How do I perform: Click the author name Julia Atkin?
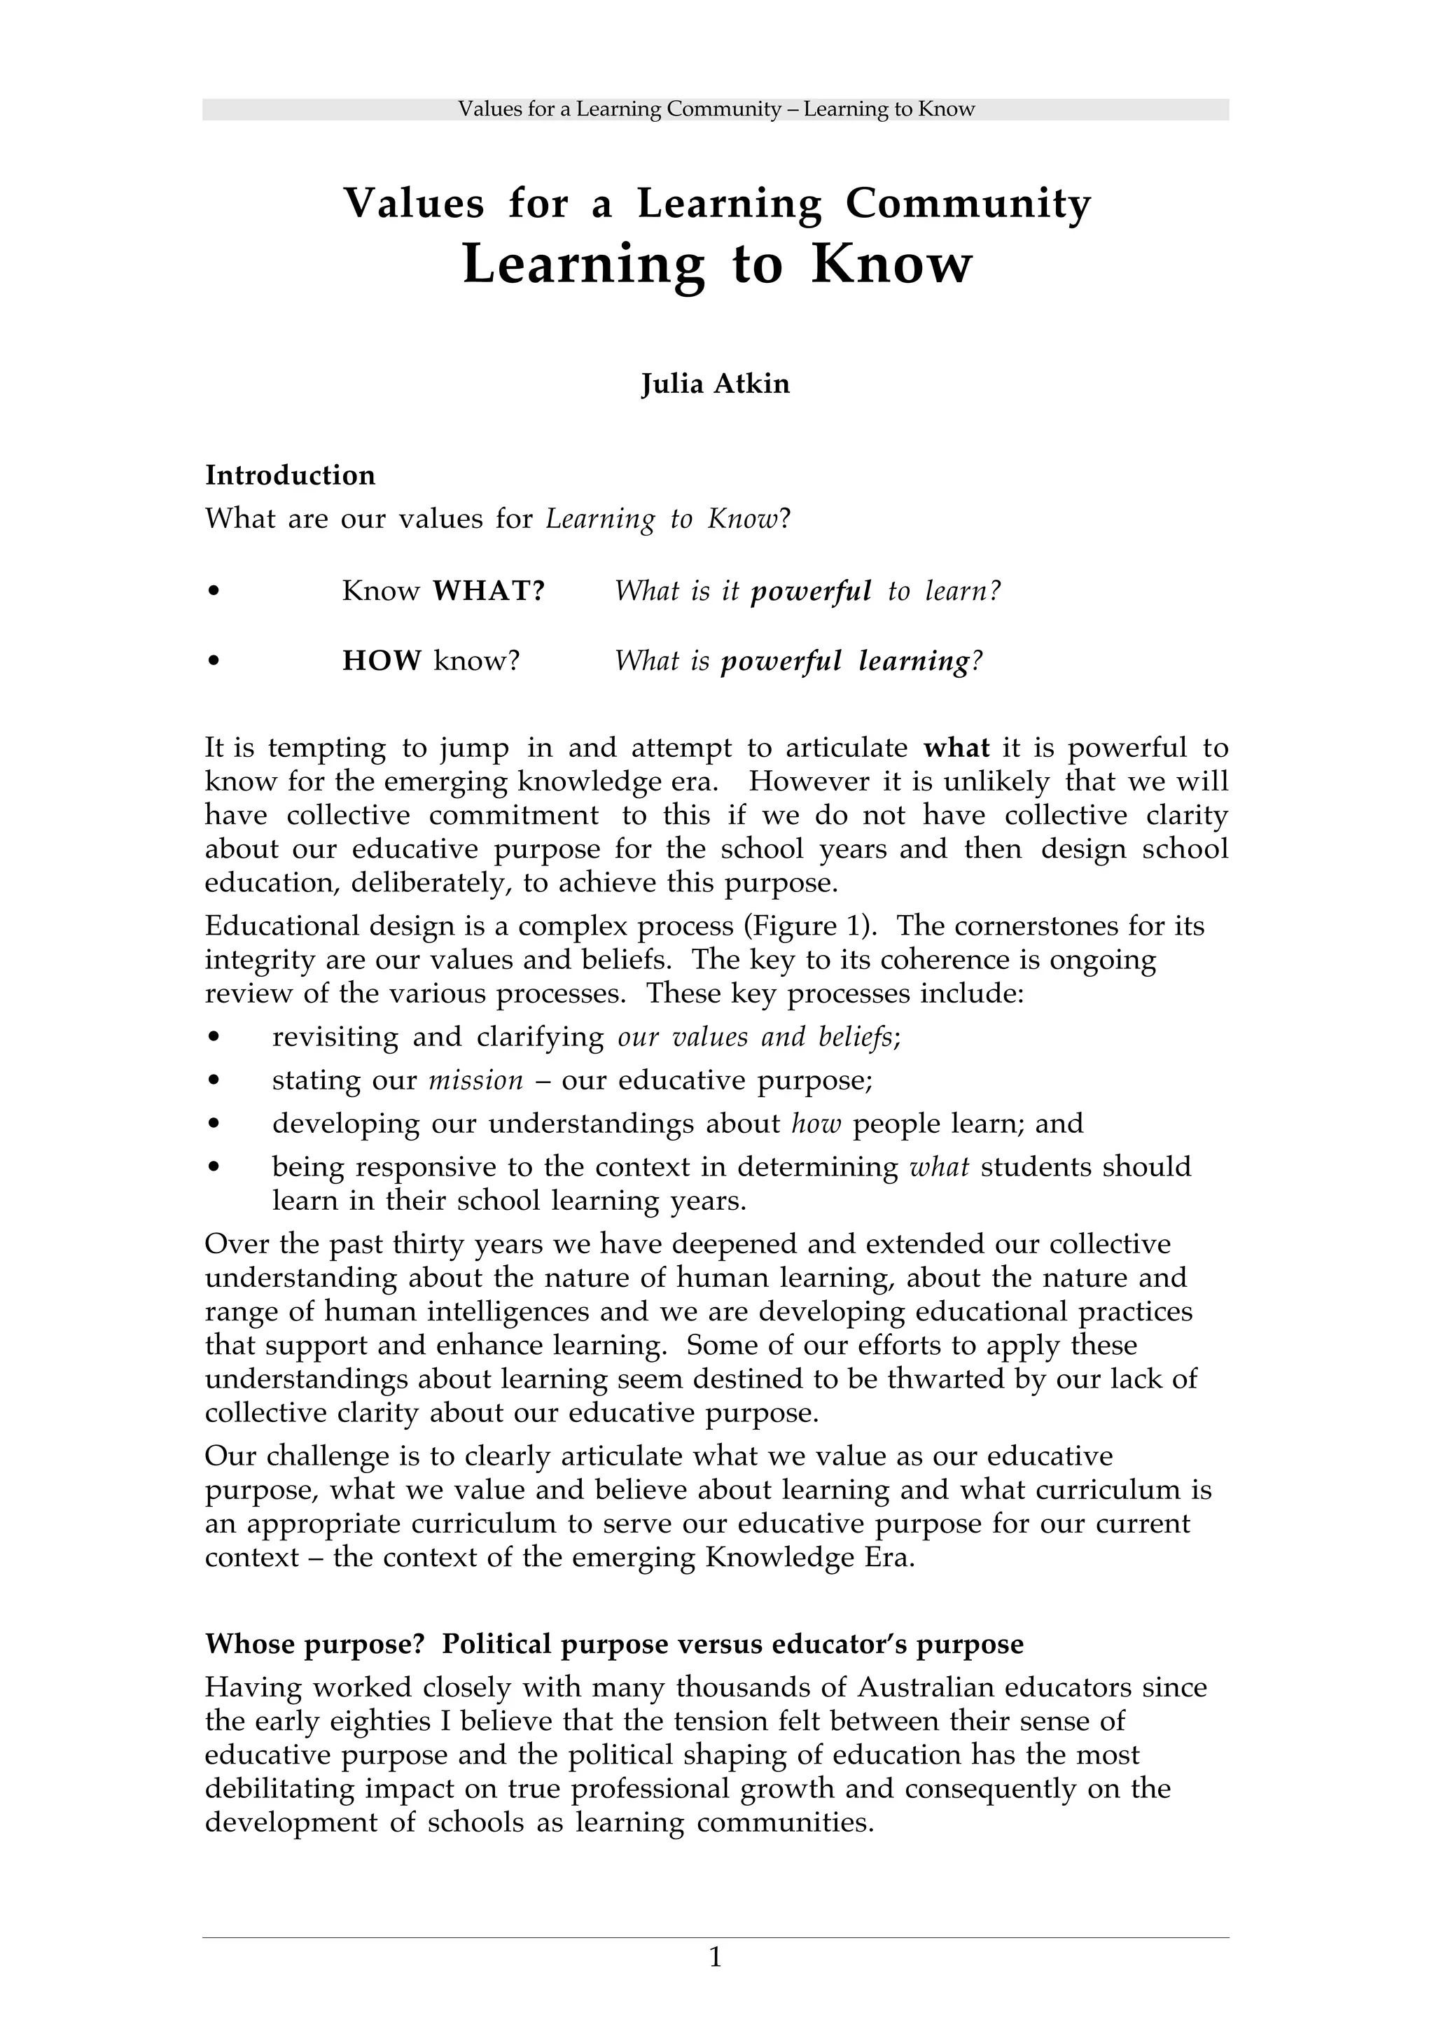click(715, 384)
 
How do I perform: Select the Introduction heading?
click(290, 475)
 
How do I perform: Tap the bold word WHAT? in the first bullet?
click(489, 590)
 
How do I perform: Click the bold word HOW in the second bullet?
click(382, 660)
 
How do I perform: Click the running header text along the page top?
click(716, 110)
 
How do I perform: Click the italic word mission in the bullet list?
click(475, 1080)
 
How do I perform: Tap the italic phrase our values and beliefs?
click(758, 1037)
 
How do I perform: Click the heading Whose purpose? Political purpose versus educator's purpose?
click(614, 1644)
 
